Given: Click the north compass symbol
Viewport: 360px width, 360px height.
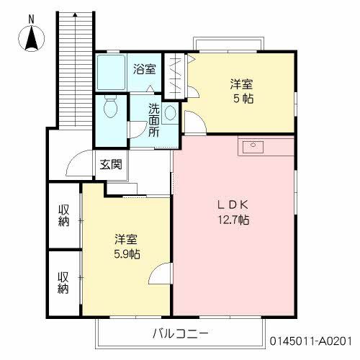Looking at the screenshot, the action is pyautogui.click(x=32, y=38).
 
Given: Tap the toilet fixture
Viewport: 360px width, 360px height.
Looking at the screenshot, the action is pyautogui.click(x=110, y=107).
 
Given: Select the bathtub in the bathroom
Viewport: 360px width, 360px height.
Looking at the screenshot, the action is pyautogui.click(x=111, y=72).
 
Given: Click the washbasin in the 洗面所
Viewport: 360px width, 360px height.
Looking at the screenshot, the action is pyautogui.click(x=170, y=113).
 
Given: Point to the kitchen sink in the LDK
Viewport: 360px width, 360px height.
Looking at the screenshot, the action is pyautogui.click(x=253, y=146).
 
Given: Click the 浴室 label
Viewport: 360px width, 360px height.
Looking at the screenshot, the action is pyautogui.click(x=145, y=69).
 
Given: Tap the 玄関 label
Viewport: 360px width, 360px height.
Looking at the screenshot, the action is pyautogui.click(x=111, y=164).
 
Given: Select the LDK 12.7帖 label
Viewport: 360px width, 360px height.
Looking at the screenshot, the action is pyautogui.click(x=233, y=212).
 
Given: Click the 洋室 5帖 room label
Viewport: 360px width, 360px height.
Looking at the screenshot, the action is pyautogui.click(x=242, y=91).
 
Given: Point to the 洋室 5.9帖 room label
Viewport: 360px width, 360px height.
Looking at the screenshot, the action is pyautogui.click(x=127, y=246).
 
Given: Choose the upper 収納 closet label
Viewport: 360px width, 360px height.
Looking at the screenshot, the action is pyautogui.click(x=64, y=215).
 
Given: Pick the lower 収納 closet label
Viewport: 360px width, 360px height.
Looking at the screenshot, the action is pyautogui.click(x=63, y=283).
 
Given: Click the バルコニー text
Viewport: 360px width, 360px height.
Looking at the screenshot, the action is pyautogui.click(x=180, y=333).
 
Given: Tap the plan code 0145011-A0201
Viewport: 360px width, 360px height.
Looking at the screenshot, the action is pyautogui.click(x=311, y=341).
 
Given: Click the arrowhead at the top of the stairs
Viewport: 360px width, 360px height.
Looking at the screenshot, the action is pyautogui.click(x=76, y=14).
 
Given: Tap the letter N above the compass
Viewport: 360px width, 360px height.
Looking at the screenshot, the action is pyautogui.click(x=31, y=19).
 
